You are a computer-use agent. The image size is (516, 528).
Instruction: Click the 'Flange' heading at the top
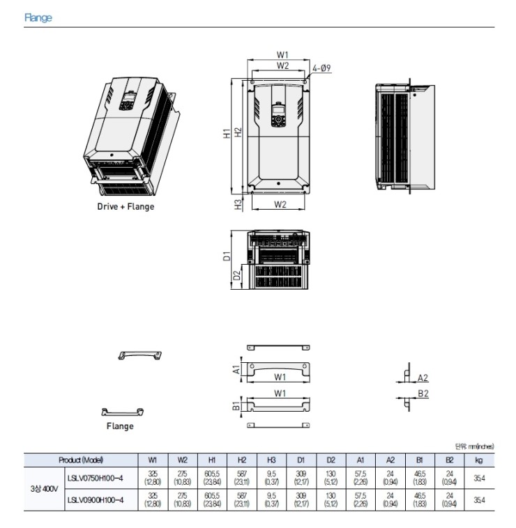click(x=38, y=18)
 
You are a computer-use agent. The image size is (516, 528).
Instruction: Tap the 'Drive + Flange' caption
click(x=126, y=206)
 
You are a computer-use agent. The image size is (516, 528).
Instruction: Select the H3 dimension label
click(x=238, y=204)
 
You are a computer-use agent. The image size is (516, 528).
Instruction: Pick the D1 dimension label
click(x=227, y=256)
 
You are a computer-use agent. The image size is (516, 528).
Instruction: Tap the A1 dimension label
click(x=237, y=369)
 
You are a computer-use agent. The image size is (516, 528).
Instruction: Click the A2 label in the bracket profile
click(x=423, y=378)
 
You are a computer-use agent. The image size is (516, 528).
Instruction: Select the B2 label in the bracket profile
click(x=423, y=394)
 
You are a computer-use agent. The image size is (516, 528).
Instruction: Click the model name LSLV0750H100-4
click(x=95, y=478)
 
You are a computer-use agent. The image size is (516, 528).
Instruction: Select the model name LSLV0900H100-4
click(x=95, y=499)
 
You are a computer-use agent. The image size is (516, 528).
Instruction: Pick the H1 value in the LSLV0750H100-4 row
click(x=212, y=478)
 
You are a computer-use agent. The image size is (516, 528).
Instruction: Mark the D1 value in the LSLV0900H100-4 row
click(x=301, y=499)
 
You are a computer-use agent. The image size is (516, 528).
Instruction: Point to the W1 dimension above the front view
click(x=282, y=54)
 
